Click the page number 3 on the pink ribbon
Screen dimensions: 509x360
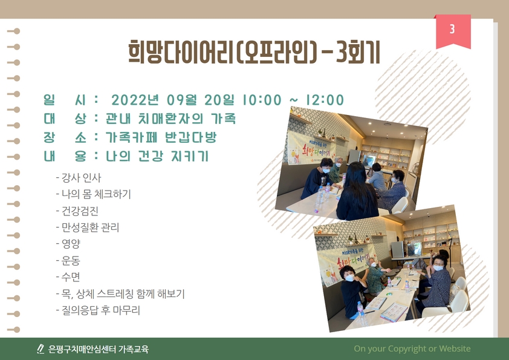(452, 29)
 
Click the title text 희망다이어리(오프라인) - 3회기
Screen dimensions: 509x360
(254, 52)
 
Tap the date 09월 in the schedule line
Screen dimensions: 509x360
(182, 100)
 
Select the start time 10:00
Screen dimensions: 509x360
(262, 100)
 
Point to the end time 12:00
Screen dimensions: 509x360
(324, 100)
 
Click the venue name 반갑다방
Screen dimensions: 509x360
(190, 137)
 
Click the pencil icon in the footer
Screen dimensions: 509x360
(41, 349)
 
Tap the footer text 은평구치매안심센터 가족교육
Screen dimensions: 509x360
(99, 349)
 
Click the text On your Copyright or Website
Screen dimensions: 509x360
(412, 349)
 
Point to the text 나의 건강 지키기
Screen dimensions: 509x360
(157, 156)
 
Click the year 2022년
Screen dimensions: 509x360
(135, 100)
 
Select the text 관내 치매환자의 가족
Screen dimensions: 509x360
(170, 119)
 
